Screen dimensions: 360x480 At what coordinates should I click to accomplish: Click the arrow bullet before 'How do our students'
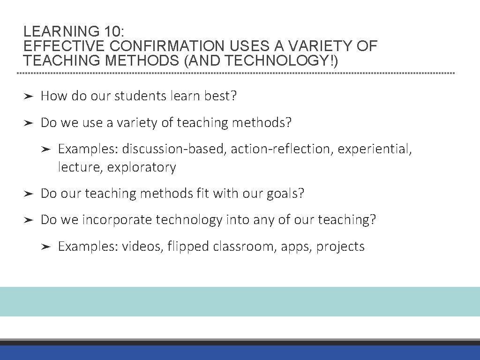tap(29, 97)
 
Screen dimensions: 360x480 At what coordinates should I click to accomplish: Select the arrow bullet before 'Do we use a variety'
tap(29, 123)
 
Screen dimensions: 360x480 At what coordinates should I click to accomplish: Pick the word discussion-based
tap(175, 149)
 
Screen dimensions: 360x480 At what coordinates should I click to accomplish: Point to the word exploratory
tap(142, 167)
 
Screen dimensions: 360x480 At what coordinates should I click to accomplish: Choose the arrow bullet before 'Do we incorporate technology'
tap(29, 220)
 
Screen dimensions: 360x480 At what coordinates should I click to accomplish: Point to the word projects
tap(340, 247)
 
